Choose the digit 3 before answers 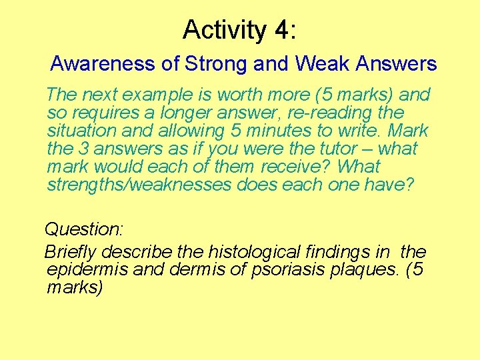pyautogui.click(x=90, y=149)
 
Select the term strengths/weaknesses pyautogui.click(x=139, y=185)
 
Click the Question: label pyautogui.click(x=84, y=229)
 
